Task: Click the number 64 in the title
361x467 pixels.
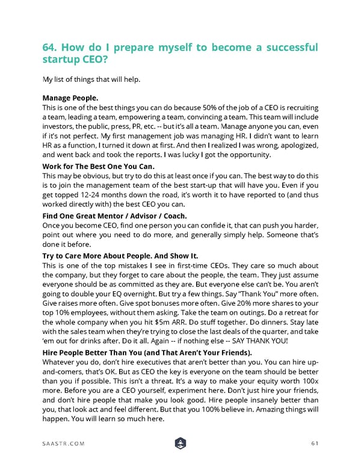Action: [51, 48]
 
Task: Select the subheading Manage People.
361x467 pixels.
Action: [70, 97]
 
